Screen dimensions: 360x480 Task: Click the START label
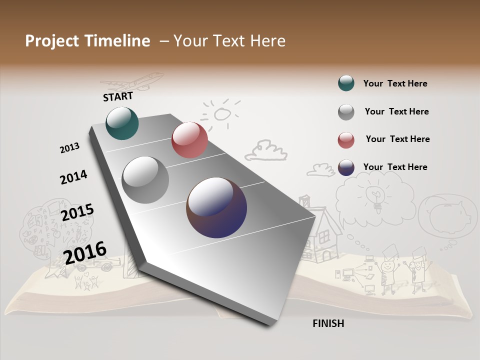point(118,96)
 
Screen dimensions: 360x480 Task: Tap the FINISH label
point(328,323)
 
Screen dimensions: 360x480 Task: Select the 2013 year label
point(70,148)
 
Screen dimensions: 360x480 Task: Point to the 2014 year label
point(73,177)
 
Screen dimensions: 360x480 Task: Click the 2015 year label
point(77,212)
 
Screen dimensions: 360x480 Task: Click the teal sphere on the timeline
point(122,123)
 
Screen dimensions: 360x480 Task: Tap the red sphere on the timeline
point(189,140)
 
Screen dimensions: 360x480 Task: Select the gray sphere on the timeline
point(145,180)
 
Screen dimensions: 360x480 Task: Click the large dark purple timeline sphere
point(216,207)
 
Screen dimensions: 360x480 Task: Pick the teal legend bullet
point(346,83)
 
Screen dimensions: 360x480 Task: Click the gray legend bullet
point(346,112)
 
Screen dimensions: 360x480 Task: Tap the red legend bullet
point(346,140)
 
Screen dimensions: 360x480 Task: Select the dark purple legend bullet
point(346,167)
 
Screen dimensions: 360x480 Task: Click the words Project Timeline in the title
point(87,41)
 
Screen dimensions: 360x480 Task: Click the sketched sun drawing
point(220,113)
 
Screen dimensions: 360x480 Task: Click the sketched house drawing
point(323,230)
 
